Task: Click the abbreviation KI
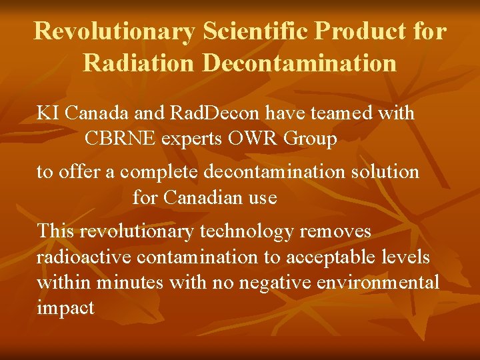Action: click(47, 113)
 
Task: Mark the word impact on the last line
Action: click(65, 308)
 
